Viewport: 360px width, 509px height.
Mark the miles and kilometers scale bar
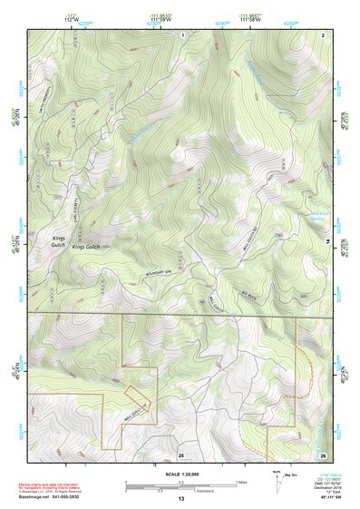click(180, 486)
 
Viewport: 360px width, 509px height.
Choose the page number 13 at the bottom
click(180, 499)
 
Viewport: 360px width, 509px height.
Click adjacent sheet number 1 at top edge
click(182, 34)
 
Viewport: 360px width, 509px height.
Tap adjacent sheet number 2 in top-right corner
click(323, 34)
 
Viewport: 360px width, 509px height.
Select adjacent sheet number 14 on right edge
click(327, 240)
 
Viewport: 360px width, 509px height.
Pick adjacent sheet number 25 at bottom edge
click(180, 454)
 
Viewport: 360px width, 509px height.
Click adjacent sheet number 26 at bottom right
click(323, 454)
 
